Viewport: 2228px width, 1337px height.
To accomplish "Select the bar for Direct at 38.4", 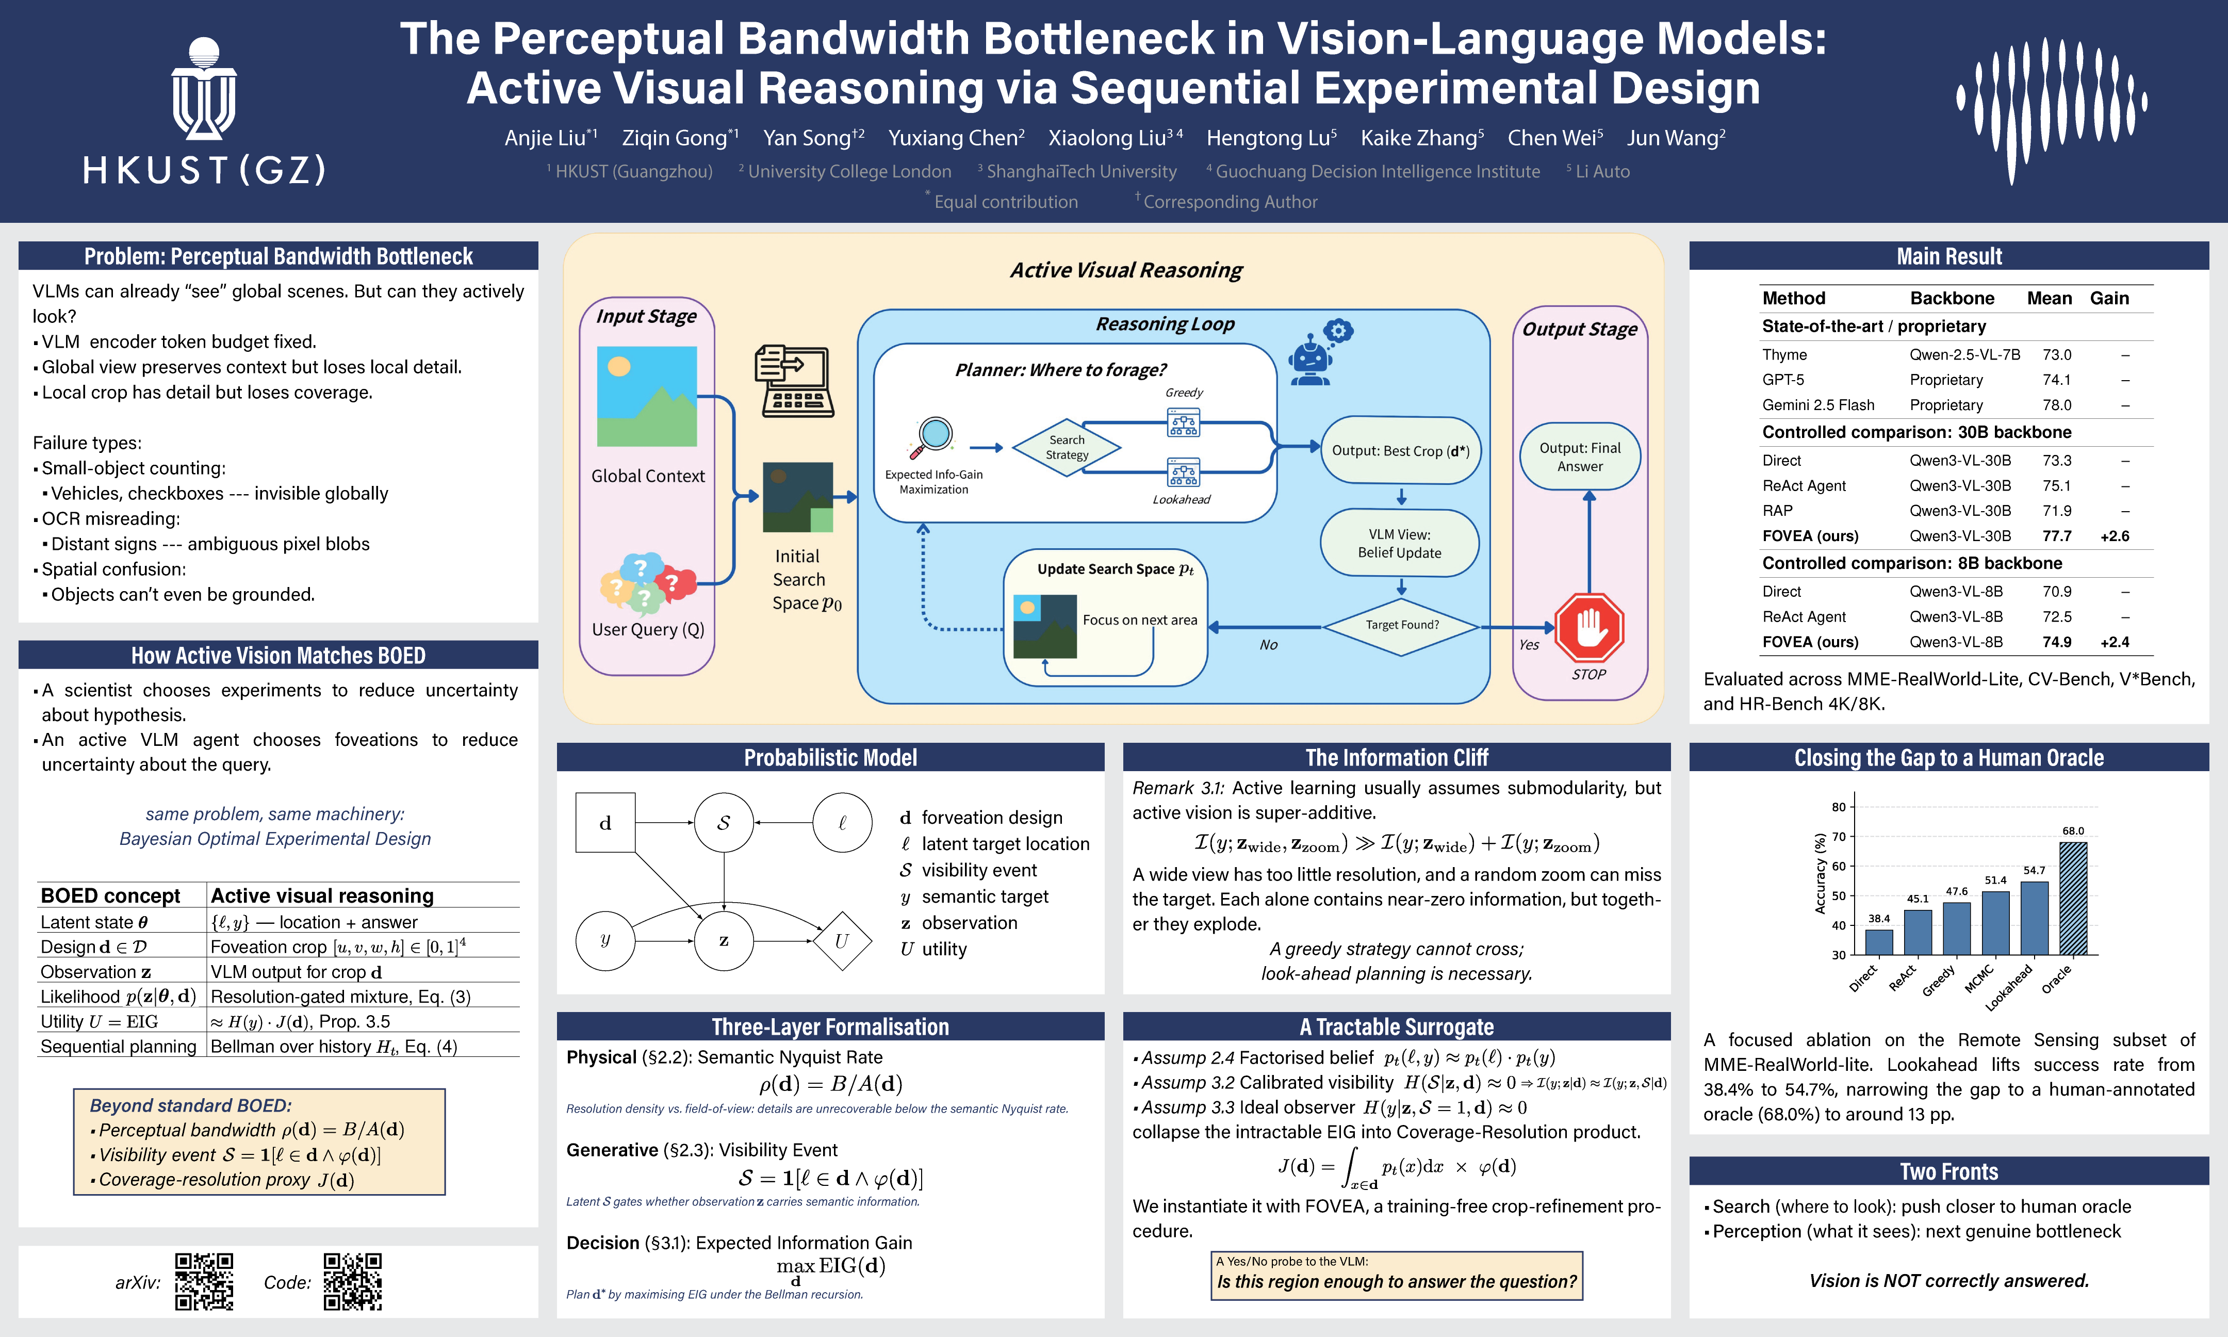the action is coord(1878,942).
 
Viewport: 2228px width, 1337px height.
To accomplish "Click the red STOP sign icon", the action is coord(1590,627).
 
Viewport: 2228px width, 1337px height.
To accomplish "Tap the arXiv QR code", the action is coord(204,1281).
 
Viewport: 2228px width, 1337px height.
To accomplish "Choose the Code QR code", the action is coord(353,1281).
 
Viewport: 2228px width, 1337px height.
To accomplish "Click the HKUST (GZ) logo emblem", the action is coord(204,88).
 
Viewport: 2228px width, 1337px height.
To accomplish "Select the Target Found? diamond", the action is coord(1401,625).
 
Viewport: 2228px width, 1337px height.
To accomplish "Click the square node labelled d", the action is coord(605,823).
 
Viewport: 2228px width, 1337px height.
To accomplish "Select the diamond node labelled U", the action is coord(842,940).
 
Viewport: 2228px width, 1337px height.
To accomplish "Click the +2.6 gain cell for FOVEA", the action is coord(2115,536).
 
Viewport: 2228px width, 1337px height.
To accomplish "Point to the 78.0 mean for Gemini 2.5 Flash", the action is coord(2057,405).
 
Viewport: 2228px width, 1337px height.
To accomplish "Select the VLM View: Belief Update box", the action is coord(1400,543).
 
